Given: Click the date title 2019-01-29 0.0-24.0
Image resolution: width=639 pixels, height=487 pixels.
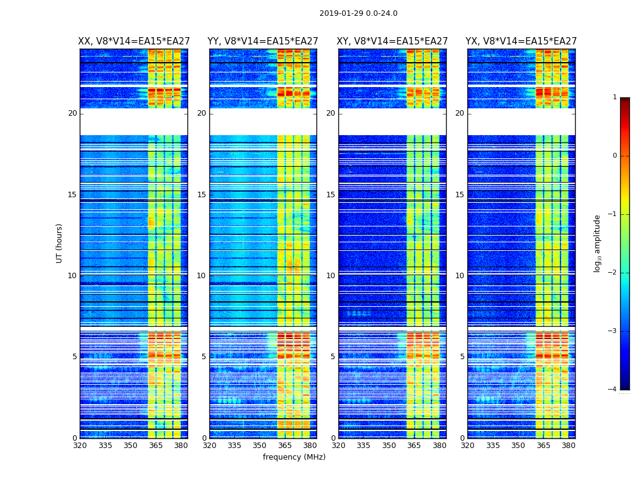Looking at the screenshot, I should [358, 13].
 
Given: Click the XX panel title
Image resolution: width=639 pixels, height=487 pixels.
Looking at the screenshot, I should [134, 41].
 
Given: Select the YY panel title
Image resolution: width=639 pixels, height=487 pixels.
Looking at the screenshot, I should [263, 41].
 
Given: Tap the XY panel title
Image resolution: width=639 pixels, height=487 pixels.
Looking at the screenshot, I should [393, 41].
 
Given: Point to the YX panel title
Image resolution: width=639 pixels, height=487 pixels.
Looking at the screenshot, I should [522, 41].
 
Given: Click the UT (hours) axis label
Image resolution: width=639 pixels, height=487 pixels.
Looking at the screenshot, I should [59, 243].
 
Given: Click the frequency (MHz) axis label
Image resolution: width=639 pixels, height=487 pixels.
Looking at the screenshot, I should [294, 457].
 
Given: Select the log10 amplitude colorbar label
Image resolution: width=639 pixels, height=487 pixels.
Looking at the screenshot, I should [597, 243].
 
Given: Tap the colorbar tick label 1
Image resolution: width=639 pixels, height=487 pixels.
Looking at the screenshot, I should [614, 97].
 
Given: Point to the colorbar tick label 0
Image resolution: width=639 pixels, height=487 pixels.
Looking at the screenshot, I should [614, 156].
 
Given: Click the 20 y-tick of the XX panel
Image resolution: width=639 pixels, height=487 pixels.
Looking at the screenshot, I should [72, 113].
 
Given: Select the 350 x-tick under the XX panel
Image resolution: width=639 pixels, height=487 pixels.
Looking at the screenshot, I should [130, 446].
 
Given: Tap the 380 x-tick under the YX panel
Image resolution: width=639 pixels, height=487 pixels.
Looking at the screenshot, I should [568, 446].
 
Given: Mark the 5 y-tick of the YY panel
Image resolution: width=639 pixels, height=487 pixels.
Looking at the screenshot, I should [203, 357].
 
